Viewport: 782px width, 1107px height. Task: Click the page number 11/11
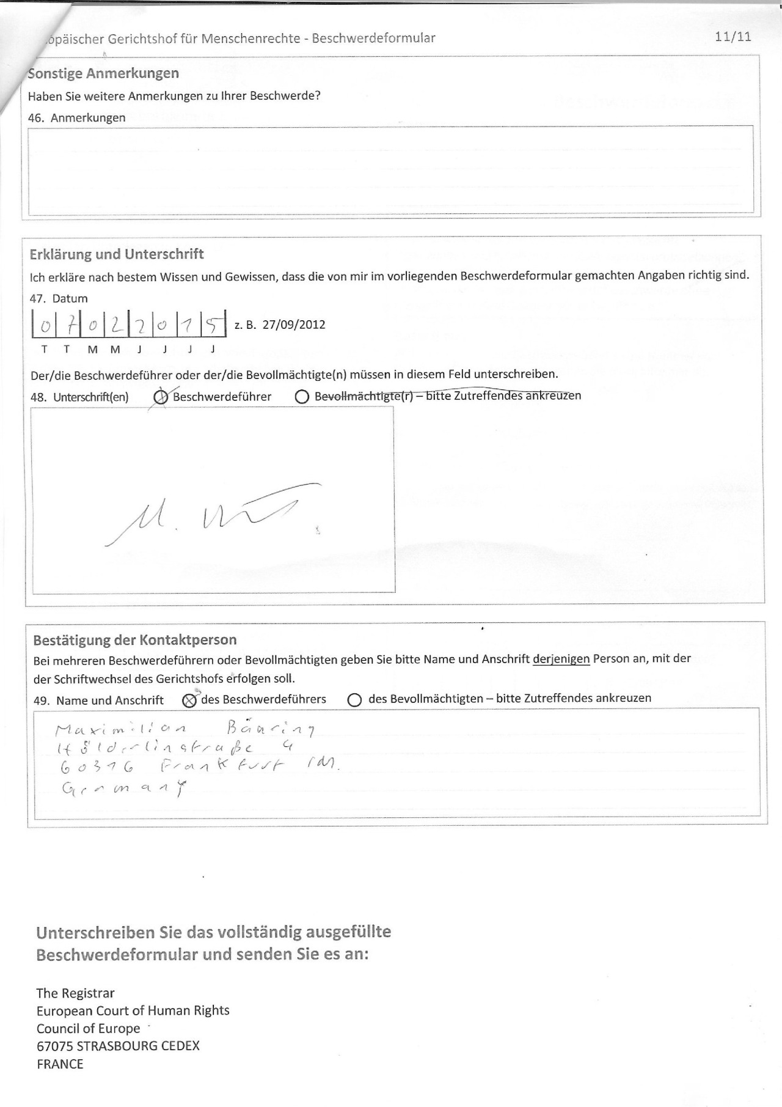click(733, 37)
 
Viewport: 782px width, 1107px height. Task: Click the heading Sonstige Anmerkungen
click(103, 73)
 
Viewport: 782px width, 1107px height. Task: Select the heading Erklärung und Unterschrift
click(117, 254)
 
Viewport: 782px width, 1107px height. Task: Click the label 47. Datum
click(59, 299)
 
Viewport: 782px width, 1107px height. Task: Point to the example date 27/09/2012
click(293, 325)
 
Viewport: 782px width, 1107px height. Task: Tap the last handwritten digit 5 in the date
click(212, 326)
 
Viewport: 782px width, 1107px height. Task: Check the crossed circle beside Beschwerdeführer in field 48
click(161, 397)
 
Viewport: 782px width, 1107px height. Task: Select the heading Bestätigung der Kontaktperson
click(134, 640)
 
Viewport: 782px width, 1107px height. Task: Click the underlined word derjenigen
click(561, 660)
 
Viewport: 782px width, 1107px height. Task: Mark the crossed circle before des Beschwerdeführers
click(189, 701)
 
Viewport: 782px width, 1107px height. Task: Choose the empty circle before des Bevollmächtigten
click(354, 701)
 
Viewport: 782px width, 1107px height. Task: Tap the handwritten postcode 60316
click(98, 768)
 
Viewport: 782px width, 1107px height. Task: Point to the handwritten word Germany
click(122, 789)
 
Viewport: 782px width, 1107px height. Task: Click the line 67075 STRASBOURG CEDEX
click(118, 1046)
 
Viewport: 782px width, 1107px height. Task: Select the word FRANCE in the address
click(60, 1064)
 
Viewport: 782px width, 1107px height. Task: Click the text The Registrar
click(75, 993)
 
